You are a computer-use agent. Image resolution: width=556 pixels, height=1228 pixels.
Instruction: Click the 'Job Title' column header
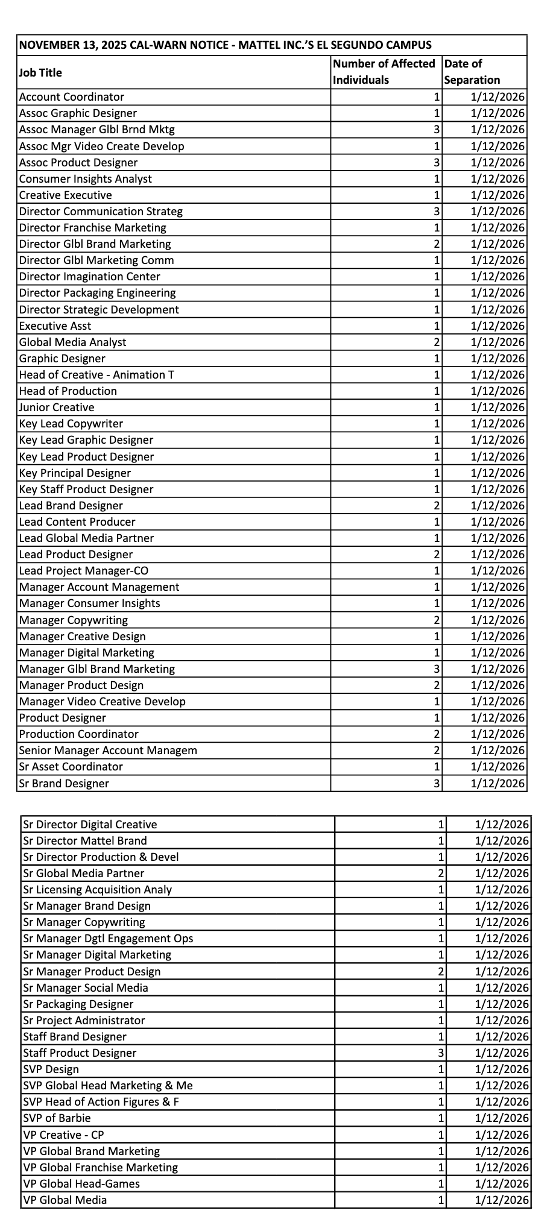(x=40, y=72)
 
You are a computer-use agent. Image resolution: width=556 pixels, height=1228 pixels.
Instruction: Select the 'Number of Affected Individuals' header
(x=384, y=72)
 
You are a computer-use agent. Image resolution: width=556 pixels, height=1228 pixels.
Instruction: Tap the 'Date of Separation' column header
(x=472, y=72)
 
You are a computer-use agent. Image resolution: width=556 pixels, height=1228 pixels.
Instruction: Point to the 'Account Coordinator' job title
(x=71, y=97)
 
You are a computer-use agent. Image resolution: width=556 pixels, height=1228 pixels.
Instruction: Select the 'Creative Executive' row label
(x=65, y=195)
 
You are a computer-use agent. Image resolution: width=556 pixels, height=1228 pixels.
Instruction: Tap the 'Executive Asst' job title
(x=55, y=326)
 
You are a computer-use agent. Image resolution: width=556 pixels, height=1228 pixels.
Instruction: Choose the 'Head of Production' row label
(x=68, y=391)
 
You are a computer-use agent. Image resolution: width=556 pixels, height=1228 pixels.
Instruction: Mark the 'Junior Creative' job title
(x=57, y=408)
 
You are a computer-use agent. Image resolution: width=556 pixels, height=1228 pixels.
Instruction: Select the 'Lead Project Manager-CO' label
(x=83, y=571)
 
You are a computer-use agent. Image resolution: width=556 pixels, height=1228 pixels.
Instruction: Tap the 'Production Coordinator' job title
(x=78, y=734)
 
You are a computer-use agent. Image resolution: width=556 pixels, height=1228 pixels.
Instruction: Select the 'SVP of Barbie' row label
(x=57, y=1118)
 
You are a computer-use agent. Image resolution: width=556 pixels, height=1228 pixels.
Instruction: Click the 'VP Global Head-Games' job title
(x=81, y=1183)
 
